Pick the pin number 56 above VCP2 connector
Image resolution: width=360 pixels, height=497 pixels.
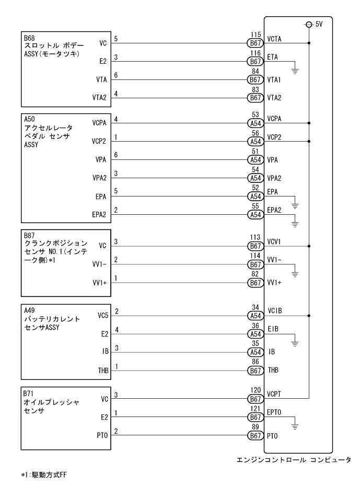point(255,133)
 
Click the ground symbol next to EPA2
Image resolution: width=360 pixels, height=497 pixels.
point(295,224)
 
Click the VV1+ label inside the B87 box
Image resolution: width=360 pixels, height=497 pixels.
point(99,283)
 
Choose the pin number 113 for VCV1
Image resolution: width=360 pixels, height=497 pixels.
point(255,236)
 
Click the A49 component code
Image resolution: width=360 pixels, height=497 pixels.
point(29,309)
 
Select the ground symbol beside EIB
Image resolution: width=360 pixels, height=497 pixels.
point(295,344)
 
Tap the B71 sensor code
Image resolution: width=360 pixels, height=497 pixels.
point(29,391)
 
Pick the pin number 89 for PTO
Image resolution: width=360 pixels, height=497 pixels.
point(255,426)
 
